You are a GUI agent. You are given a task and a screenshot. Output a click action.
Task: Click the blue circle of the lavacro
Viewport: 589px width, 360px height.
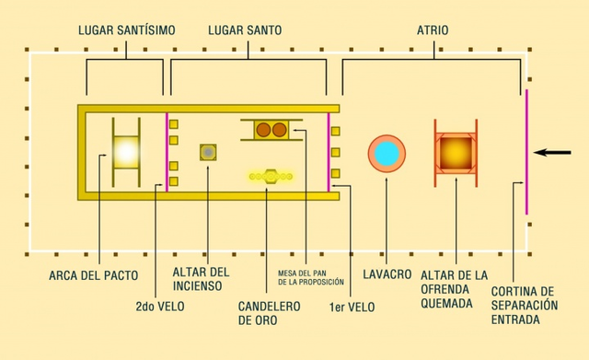point(387,153)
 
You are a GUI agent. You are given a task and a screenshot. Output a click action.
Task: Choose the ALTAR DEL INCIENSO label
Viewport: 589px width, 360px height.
point(202,279)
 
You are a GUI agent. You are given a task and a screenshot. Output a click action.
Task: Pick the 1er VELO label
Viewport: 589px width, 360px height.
point(351,306)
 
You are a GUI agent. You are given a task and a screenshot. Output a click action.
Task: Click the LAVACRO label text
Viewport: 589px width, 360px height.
point(387,275)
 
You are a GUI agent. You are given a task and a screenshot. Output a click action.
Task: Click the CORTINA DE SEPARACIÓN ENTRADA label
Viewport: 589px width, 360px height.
point(525,304)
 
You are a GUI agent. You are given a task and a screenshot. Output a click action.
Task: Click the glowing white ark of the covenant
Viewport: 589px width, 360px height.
point(126,152)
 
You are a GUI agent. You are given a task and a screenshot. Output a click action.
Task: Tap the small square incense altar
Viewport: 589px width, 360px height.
point(210,152)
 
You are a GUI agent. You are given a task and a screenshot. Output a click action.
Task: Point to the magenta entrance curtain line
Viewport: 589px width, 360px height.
point(526,152)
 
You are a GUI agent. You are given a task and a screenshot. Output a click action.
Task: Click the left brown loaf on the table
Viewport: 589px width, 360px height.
point(262,130)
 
